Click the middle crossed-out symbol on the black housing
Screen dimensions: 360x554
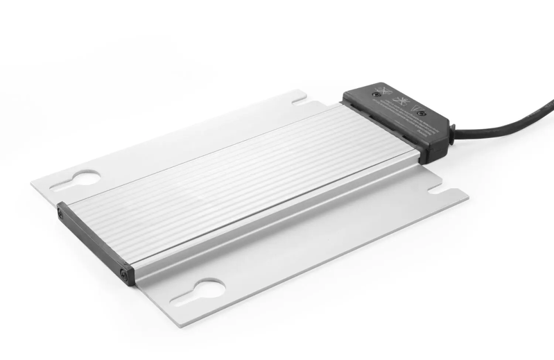click(398, 103)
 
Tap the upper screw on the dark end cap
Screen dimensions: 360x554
click(62, 214)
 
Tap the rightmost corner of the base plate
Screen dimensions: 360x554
click(467, 195)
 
